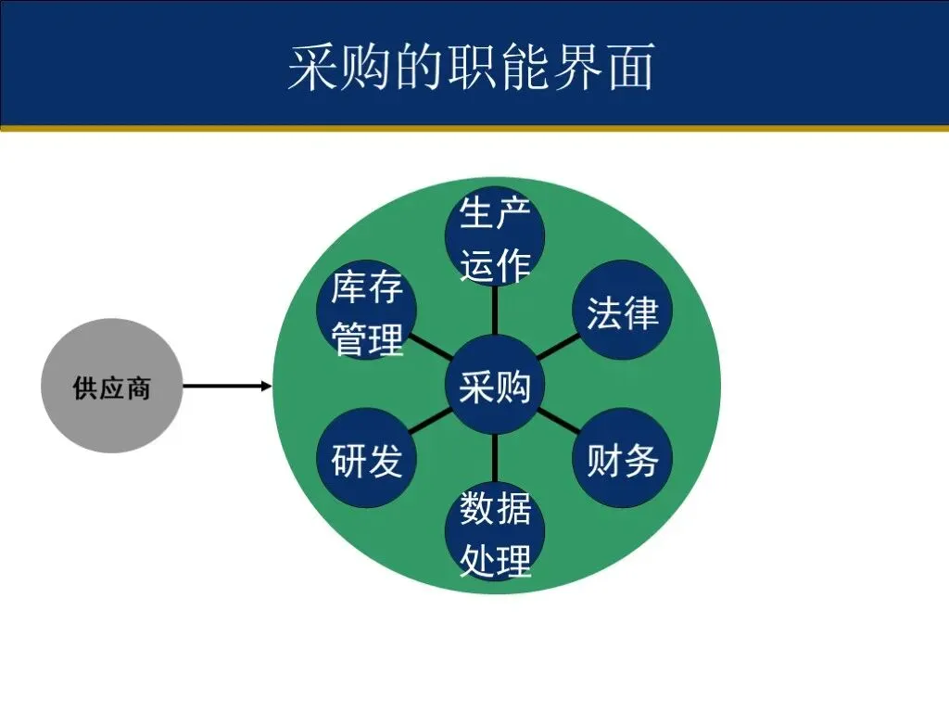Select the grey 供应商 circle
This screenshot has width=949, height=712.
(111, 388)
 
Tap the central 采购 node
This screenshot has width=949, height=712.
(496, 386)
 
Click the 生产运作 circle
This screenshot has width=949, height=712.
(496, 236)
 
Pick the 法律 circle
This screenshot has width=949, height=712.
(622, 311)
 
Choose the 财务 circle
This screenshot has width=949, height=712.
(622, 459)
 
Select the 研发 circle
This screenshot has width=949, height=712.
(367, 459)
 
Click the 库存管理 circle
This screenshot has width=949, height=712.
(368, 311)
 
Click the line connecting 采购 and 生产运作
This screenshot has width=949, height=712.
(496, 310)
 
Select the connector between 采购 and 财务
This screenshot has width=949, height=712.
(558, 421)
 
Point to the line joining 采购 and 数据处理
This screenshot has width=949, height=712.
(496, 458)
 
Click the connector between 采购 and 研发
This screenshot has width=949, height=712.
(432, 422)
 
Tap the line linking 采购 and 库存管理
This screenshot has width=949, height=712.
(431, 348)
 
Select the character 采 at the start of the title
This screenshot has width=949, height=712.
(312, 67)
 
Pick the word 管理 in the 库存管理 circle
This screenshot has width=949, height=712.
(368, 339)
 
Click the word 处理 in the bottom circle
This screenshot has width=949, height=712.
(496, 560)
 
